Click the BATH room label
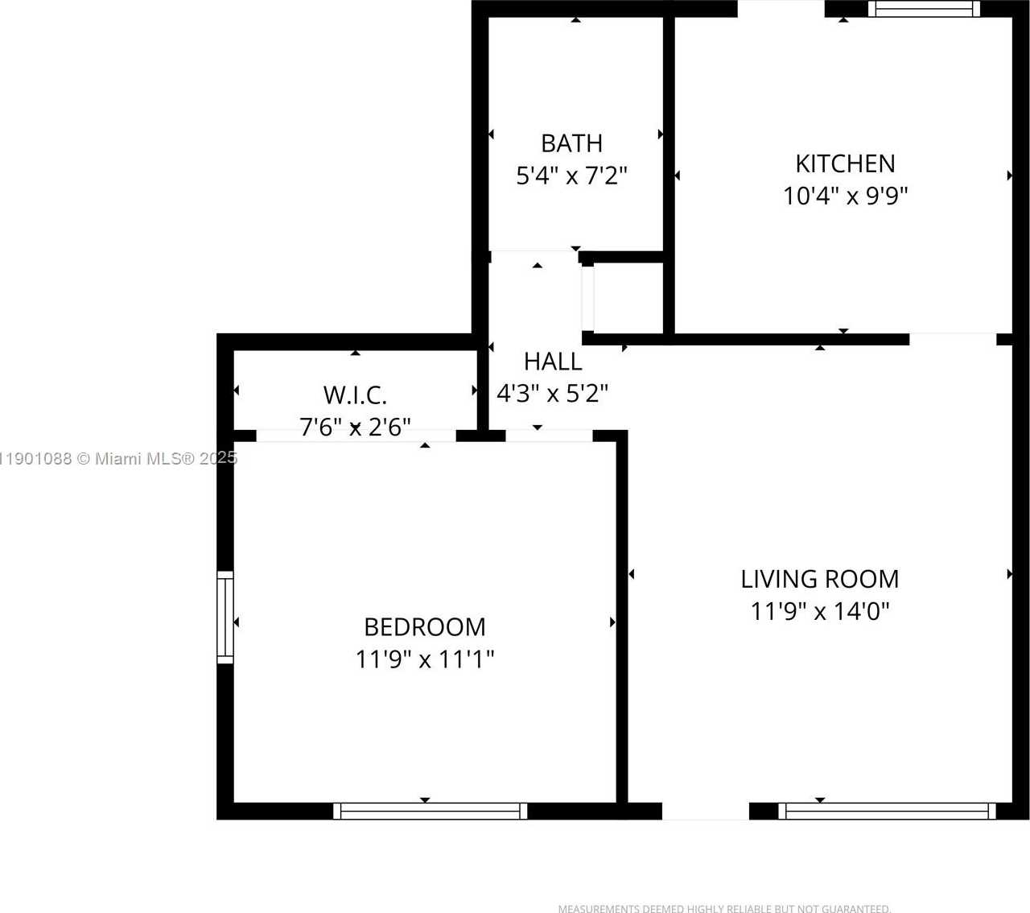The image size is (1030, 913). click(x=571, y=143)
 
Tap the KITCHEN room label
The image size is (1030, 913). click(x=845, y=163)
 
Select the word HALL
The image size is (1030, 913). click(x=553, y=361)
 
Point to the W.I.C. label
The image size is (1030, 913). click(x=355, y=395)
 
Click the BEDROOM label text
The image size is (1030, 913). click(x=425, y=626)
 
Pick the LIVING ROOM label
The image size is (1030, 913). click(x=820, y=579)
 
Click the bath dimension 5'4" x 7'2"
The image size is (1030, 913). click(x=571, y=176)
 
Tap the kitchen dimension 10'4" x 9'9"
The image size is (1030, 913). click(x=846, y=196)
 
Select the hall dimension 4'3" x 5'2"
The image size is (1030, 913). click(x=552, y=394)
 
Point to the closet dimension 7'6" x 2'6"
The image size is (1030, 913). click(x=355, y=427)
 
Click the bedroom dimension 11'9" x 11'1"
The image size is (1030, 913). click(x=425, y=659)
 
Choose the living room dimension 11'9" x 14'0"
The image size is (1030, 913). click(x=820, y=611)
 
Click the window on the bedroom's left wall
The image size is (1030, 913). click(x=225, y=618)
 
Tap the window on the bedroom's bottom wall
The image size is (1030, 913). click(x=431, y=811)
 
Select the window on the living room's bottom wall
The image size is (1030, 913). click(x=887, y=811)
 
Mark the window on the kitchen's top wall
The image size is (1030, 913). click(x=924, y=9)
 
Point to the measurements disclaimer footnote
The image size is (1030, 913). click(x=724, y=908)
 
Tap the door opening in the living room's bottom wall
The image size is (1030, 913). click(x=706, y=811)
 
